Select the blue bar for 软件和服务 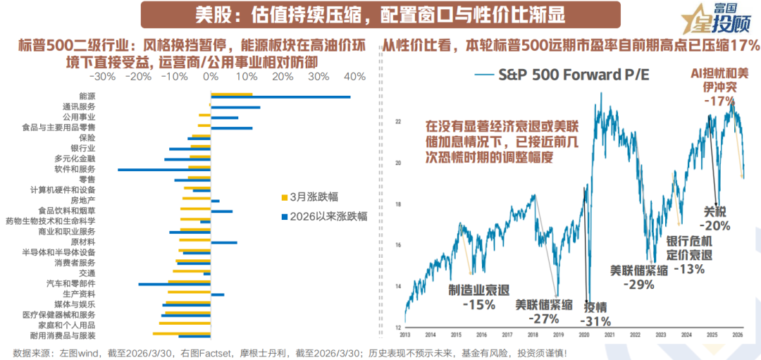pyautogui.click(x=164, y=170)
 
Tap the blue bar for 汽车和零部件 pyautogui.click(x=174, y=284)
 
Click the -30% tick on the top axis pyautogui.click(x=104, y=76)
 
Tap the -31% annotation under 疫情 pyautogui.click(x=595, y=321)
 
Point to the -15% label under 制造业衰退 pyautogui.click(x=478, y=304)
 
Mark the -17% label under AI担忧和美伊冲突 pyautogui.click(x=719, y=101)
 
